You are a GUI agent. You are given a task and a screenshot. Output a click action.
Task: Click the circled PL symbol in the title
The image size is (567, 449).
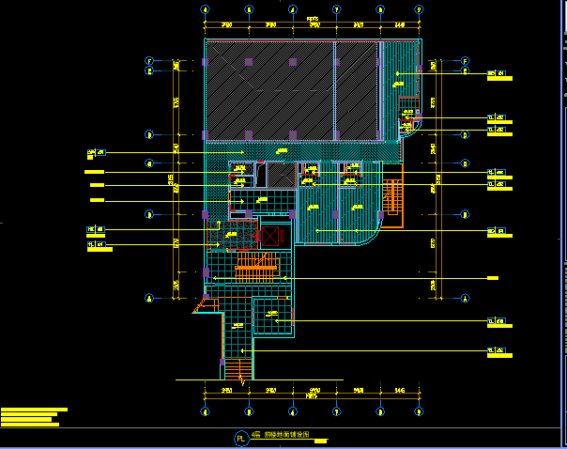pos(240,438)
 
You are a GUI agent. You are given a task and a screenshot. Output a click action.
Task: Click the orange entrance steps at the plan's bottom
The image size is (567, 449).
pos(237,369)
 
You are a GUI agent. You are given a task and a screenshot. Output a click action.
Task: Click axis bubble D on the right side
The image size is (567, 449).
pos(466,134)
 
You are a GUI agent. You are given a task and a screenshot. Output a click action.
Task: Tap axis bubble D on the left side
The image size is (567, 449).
pos(149,134)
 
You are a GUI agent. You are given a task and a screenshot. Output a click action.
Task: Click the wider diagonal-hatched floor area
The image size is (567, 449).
pos(270,92)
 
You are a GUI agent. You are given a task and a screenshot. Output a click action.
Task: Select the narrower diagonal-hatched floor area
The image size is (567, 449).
pos(358,92)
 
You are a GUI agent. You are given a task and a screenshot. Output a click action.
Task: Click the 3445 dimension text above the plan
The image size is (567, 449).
pos(400,24)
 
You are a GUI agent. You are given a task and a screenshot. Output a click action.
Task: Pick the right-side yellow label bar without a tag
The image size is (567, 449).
pos(493,278)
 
